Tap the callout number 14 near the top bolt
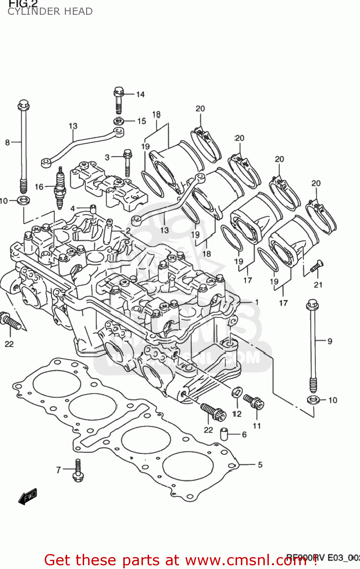point(140,94)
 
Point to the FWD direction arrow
point(28,496)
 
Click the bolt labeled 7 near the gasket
point(78,470)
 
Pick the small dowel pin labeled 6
point(225,434)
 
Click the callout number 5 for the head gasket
point(260,465)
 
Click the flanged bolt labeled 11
point(254,402)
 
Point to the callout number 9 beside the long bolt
point(330,341)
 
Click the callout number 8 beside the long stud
point(7,143)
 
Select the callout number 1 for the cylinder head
point(257,302)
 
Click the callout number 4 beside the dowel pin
point(73,208)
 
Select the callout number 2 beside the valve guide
point(128,231)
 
